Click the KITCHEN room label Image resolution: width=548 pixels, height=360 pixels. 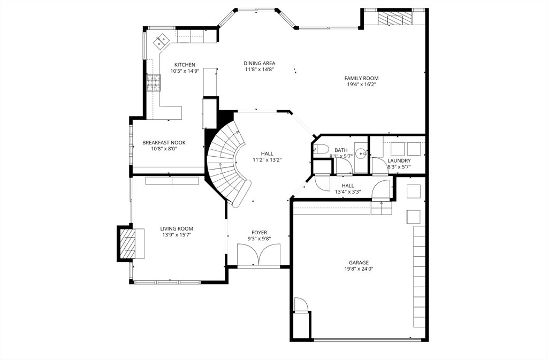tap(185, 65)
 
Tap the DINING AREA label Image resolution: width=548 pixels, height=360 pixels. tap(260, 63)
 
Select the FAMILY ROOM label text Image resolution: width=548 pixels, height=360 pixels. tap(361, 78)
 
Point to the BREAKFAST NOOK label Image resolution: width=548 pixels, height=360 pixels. tap(164, 142)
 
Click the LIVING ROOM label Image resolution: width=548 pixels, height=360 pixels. tap(177, 229)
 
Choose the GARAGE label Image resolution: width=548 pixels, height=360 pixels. tap(359, 263)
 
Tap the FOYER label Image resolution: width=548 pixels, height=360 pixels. tap(260, 233)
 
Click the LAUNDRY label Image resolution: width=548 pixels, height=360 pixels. tap(399, 160)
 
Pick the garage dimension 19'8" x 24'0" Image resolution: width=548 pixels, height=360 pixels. tap(359, 269)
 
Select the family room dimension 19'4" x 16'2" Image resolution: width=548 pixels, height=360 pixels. tap(361, 85)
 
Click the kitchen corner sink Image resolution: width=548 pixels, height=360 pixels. tap(161, 41)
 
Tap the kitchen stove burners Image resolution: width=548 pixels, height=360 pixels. tap(154, 83)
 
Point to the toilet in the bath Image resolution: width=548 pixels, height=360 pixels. tap(321, 149)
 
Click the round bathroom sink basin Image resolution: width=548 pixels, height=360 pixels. tap(361, 152)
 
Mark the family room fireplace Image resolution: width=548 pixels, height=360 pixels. tap(395, 19)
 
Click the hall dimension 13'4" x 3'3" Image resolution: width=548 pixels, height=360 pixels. tap(348, 192)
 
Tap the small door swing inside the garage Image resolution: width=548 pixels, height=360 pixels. tap(300, 304)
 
